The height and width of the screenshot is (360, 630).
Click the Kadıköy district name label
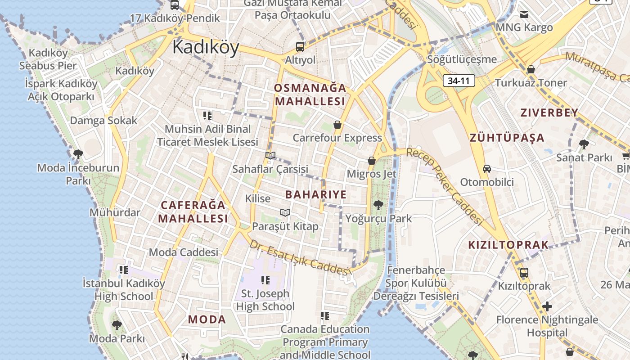206,47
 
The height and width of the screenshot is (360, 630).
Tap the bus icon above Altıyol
300,46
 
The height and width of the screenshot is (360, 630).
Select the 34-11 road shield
459,81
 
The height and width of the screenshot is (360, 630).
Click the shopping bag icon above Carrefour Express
337,125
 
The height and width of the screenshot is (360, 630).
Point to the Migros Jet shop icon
372,161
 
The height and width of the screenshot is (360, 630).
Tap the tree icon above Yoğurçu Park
378,205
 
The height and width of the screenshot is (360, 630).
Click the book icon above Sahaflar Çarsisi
270,156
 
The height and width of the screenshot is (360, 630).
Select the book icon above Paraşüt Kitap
285,212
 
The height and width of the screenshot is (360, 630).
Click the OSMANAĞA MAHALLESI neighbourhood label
310,94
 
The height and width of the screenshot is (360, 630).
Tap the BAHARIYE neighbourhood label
316,194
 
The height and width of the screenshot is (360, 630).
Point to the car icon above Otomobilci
487,169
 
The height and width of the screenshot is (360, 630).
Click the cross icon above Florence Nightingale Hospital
547,307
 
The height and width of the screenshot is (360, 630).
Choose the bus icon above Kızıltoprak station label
524,273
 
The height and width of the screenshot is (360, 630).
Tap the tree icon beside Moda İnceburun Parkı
78,155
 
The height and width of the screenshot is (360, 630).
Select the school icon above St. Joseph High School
265,280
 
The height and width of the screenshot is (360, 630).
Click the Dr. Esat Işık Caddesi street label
300,258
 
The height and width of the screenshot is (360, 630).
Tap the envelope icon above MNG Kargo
524,14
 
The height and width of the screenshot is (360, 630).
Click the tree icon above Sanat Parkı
584,144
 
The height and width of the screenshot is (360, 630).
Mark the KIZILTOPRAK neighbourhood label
508,245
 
